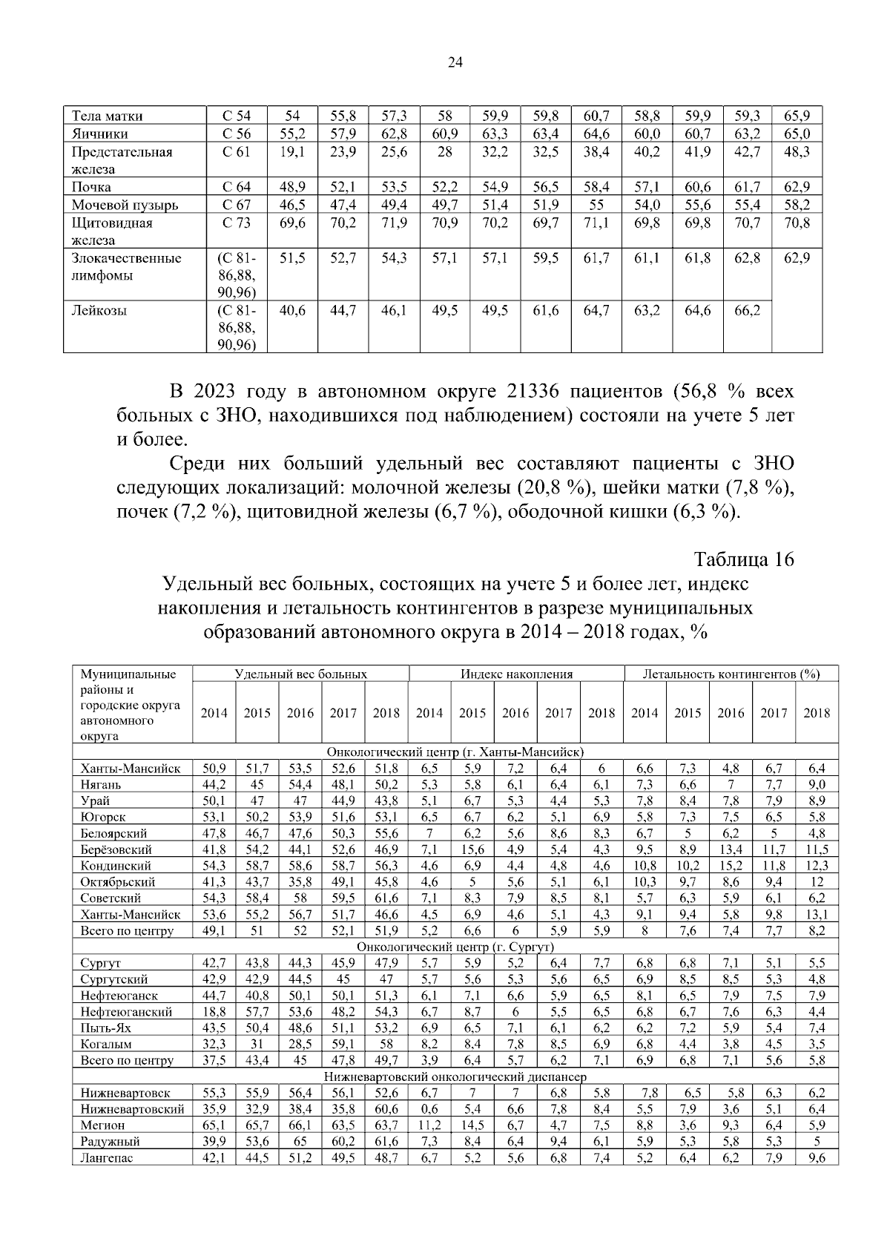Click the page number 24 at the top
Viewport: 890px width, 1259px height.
click(x=455, y=63)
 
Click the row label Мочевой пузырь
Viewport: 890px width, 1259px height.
click(x=125, y=206)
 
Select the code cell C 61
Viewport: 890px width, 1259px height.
click(x=237, y=152)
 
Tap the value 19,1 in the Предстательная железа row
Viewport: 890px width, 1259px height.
click(x=292, y=152)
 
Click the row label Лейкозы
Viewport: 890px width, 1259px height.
click(x=99, y=311)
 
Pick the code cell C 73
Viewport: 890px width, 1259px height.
click(x=237, y=223)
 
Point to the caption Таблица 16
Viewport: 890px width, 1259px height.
click(x=744, y=559)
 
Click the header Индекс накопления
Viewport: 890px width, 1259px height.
click(x=516, y=674)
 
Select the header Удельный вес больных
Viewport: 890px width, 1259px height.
click(x=300, y=674)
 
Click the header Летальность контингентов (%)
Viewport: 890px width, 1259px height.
click(x=731, y=674)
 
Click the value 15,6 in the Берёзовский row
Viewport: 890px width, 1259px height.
click(x=472, y=849)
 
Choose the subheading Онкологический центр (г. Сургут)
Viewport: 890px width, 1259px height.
click(x=455, y=947)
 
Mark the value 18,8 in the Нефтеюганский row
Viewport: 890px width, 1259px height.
click(x=214, y=1012)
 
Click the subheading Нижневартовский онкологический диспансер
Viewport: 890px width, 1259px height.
click(x=455, y=1076)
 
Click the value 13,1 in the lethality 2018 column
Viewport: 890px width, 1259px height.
click(x=817, y=915)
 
